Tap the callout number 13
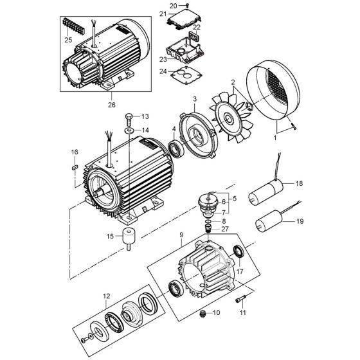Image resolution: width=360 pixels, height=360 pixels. (x=145, y=116)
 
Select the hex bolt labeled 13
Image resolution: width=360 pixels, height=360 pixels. (x=128, y=120)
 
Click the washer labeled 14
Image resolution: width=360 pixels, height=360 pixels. (x=128, y=131)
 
